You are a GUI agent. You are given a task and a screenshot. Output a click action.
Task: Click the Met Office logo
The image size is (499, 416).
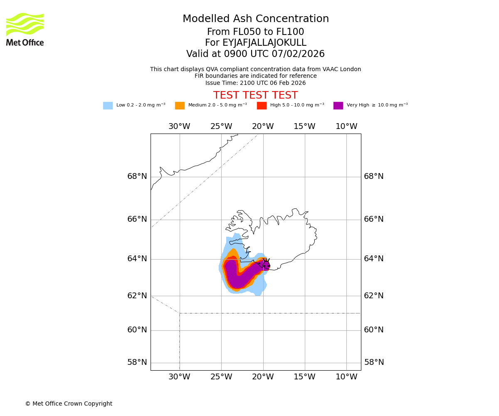25,29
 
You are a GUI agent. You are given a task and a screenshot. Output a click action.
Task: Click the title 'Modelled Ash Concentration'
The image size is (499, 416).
256,19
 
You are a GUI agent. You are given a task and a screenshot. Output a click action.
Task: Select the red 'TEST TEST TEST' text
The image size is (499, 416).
255,95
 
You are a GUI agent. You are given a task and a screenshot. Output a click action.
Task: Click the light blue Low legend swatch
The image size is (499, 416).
108,106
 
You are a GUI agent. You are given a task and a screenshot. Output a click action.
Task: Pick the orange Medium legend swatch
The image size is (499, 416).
180,106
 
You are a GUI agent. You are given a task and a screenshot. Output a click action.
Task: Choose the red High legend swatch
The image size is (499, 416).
262,106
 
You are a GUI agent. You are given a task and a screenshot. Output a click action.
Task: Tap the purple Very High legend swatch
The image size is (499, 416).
338,106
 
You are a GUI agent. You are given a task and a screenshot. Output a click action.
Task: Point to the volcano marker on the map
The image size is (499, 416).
266,264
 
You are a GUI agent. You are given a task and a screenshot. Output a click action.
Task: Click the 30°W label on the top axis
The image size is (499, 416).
179,126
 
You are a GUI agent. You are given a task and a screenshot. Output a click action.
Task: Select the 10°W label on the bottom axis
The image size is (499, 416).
346,377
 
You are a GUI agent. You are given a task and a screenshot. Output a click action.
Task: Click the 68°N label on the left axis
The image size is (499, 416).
137,176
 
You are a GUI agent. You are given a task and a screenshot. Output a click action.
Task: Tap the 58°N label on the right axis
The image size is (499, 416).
374,362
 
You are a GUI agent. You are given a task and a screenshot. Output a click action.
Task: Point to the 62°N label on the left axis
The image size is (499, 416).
137,296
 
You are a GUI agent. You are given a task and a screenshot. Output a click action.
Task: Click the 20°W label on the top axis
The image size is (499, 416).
263,126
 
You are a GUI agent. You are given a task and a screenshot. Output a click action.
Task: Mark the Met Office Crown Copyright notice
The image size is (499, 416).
69,404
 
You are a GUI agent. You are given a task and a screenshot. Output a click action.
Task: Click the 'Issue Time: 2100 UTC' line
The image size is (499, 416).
255,83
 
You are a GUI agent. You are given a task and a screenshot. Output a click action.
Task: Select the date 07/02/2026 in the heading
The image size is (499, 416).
298,54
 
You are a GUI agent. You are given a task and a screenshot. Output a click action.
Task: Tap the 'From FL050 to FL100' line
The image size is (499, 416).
255,32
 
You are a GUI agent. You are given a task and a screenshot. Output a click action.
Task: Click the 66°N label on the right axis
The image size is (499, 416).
374,219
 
